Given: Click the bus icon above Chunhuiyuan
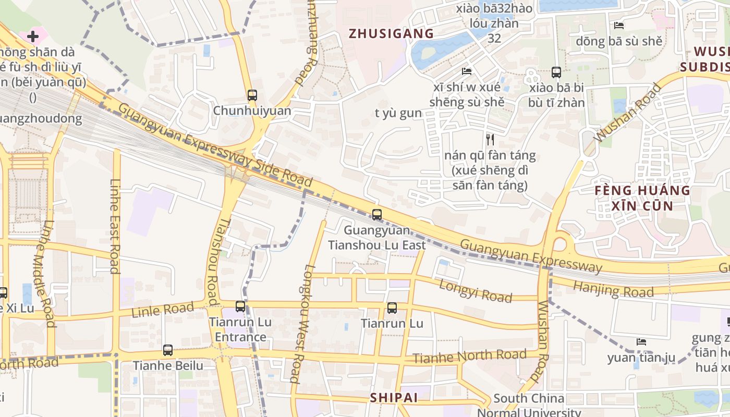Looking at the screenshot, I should pyautogui.click(x=252, y=95).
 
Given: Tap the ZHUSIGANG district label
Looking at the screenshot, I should pyautogui.click(x=391, y=34).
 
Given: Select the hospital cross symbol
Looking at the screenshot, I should pyautogui.click(x=33, y=36).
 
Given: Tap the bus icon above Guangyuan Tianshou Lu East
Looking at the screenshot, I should pyautogui.click(x=376, y=214).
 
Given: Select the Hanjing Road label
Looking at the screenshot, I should pyautogui.click(x=613, y=289).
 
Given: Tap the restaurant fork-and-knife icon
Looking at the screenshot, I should pyautogui.click(x=490, y=139).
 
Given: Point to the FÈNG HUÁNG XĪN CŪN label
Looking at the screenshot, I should pyautogui.click(x=642, y=198).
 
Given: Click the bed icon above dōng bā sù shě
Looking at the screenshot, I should pyautogui.click(x=619, y=25).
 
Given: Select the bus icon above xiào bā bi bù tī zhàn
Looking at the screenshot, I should pyautogui.click(x=556, y=72).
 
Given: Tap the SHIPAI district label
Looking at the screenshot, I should pyautogui.click(x=394, y=398).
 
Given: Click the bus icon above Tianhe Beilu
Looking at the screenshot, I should pyautogui.click(x=168, y=350).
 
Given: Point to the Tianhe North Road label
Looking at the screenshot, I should pyautogui.click(x=469, y=357).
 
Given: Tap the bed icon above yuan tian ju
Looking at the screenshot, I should pyautogui.click(x=641, y=342).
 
